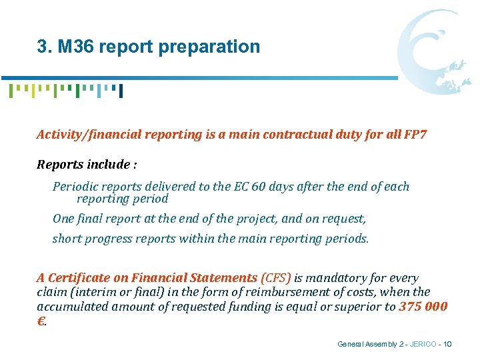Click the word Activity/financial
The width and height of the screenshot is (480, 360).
(85, 135)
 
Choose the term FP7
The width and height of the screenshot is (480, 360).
(415, 135)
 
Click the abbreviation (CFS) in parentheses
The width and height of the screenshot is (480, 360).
(275, 278)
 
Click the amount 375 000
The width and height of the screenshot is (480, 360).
(423, 306)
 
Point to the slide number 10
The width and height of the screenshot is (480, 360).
(447, 344)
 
